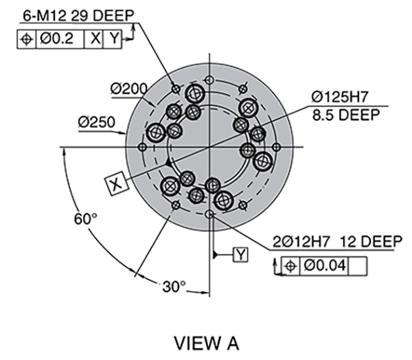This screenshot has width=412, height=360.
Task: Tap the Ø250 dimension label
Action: point(94,122)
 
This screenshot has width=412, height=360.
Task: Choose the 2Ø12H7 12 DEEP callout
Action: point(337,241)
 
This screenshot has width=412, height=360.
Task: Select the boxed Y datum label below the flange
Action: point(241,255)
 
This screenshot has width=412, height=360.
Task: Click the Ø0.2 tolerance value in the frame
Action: point(58,39)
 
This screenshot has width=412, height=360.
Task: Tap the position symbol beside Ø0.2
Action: point(26,39)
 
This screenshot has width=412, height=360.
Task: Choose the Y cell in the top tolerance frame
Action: point(113,39)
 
